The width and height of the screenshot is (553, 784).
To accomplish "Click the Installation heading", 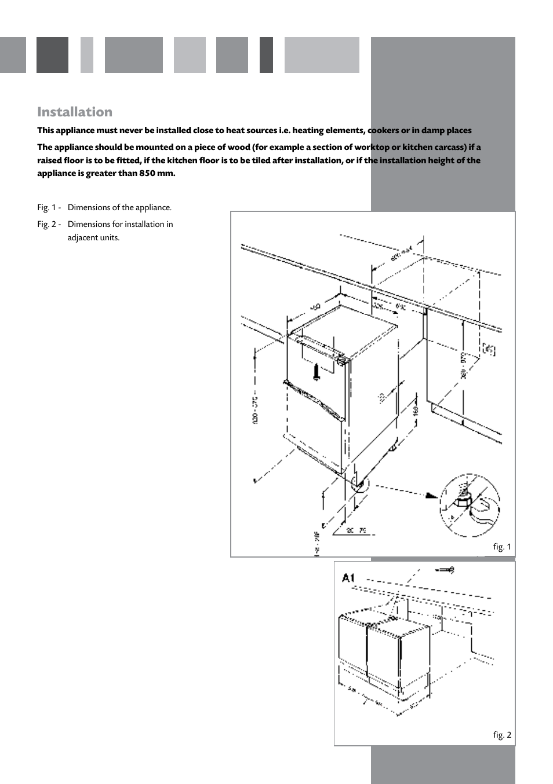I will pos(75,112).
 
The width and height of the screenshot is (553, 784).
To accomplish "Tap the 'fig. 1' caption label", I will pos(502,547).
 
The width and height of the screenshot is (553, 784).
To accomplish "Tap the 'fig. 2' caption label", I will pos(502,735).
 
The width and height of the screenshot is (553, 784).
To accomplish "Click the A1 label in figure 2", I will pos(348,577).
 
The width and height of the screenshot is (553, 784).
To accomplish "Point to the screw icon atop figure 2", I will pos(445,570).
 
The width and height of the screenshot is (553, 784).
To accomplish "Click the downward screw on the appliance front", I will pos(316,371).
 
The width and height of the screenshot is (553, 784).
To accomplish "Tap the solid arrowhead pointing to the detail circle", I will pos(431,495).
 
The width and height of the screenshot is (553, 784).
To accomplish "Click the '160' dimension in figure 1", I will pos(416,411).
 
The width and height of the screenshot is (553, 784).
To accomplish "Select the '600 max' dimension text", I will pos(401,253).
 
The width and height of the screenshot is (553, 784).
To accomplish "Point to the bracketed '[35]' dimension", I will pos(489,349).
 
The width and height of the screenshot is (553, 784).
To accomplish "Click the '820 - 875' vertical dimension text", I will pos(255,410).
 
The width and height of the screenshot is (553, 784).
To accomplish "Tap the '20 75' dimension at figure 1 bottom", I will pos(356,530).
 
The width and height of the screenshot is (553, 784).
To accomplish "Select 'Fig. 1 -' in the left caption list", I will pos(49,207).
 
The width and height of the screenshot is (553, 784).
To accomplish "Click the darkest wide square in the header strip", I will pos(52,55).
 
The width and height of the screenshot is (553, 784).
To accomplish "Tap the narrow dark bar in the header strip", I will pos(266,55).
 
